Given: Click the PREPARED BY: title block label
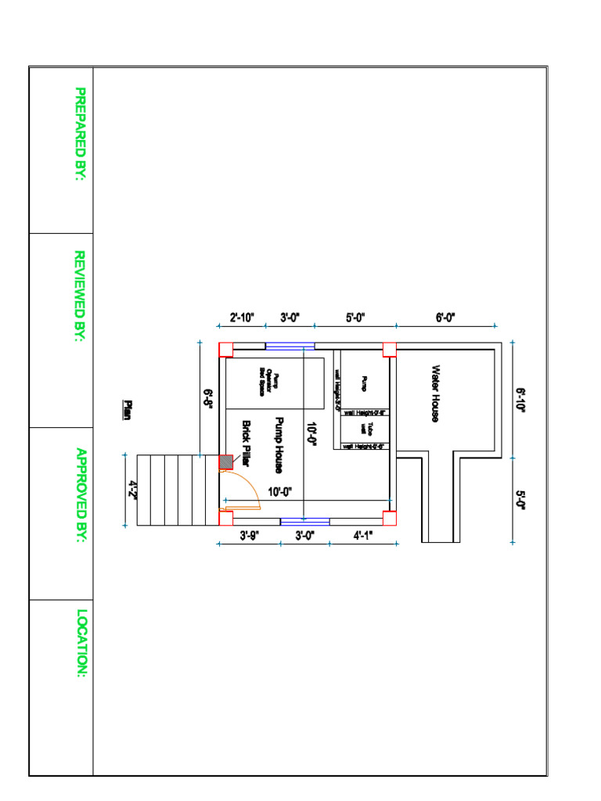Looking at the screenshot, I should coord(80,134).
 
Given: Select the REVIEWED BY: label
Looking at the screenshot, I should coord(79,296).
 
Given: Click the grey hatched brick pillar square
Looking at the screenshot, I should coord(225,462).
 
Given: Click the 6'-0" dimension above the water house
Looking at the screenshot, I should coord(445,318).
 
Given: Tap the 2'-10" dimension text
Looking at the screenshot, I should coord(243,318).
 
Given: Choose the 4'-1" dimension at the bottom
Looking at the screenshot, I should coord(363,535).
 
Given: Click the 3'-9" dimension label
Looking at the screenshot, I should coord(249,535).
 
